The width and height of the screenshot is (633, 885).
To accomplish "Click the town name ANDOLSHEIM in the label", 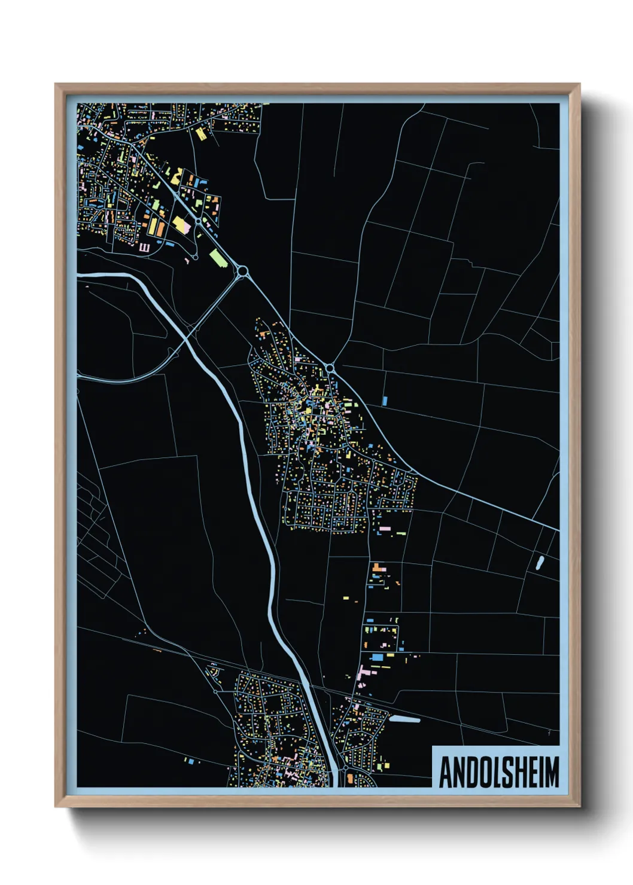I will (498, 772).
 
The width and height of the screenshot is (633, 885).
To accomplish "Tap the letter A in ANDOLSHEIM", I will (445, 772).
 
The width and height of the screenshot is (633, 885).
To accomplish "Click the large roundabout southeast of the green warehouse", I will (242, 271).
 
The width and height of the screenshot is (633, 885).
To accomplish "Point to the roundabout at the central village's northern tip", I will (329, 367).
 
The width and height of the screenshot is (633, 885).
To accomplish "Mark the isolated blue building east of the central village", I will (385, 401).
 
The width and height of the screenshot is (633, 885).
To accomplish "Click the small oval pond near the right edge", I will (540, 563).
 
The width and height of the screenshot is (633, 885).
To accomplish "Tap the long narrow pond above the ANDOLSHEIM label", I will (404, 719).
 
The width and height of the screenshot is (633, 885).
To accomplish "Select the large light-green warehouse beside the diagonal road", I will (218, 258).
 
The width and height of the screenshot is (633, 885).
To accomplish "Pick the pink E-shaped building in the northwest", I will (144, 246).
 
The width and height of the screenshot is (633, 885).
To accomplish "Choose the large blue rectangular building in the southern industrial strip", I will (377, 657).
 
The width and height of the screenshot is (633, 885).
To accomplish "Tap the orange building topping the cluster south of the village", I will (377, 566).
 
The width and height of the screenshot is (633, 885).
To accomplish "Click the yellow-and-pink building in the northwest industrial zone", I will (180, 224).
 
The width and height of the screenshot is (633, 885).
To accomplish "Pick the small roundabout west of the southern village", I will (216, 692).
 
